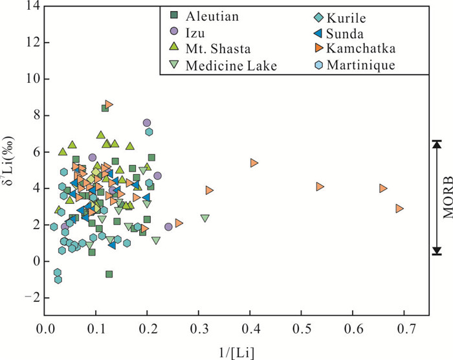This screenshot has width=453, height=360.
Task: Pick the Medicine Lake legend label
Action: click(232, 65)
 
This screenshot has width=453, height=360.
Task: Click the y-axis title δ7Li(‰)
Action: click(11, 161)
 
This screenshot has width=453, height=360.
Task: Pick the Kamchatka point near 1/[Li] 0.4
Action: click(254, 163)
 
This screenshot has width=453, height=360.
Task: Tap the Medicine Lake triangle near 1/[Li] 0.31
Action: click(205, 218)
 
